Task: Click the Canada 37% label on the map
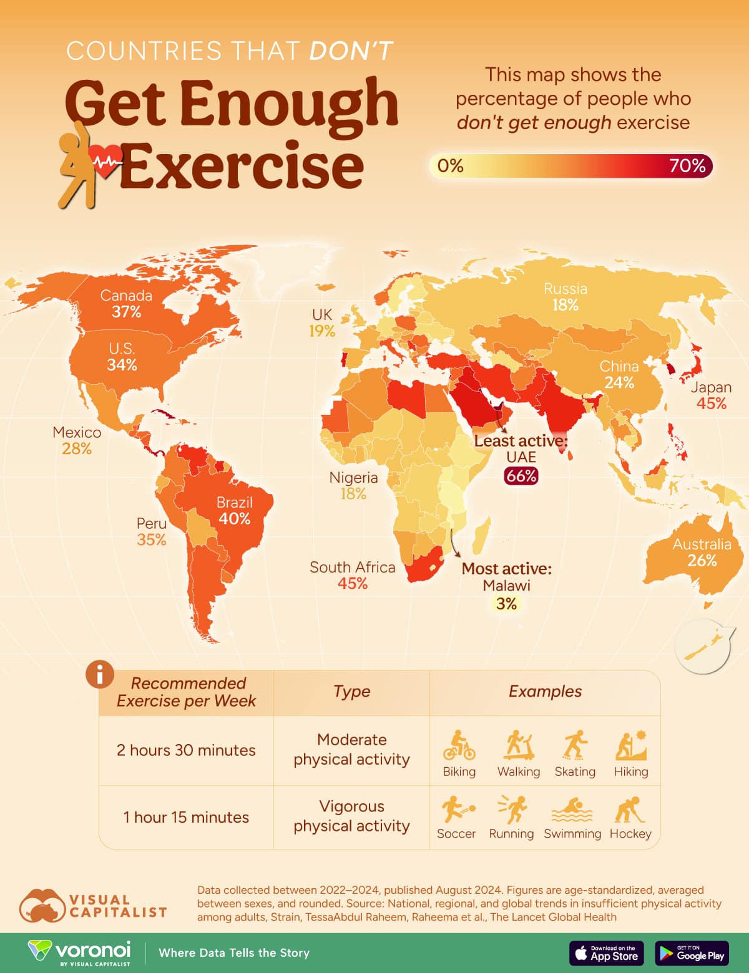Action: pos(126,304)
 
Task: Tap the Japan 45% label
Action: pos(711,395)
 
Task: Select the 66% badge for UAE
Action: pos(521,476)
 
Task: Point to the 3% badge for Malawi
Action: pos(506,603)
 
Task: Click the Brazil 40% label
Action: pos(234,511)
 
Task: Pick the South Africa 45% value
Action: pos(353,583)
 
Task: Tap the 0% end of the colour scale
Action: pos(450,166)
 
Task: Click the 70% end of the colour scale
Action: pos(687,166)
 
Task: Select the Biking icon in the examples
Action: pos(459,745)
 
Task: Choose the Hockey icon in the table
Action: pos(630,810)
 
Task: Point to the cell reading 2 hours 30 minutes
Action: pos(186,750)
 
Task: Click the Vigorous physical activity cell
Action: pos(351,816)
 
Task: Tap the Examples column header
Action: pos(545,692)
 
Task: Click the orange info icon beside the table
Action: pos(100,674)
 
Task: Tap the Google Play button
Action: pos(692,953)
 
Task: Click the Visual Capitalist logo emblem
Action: pos(42,906)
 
